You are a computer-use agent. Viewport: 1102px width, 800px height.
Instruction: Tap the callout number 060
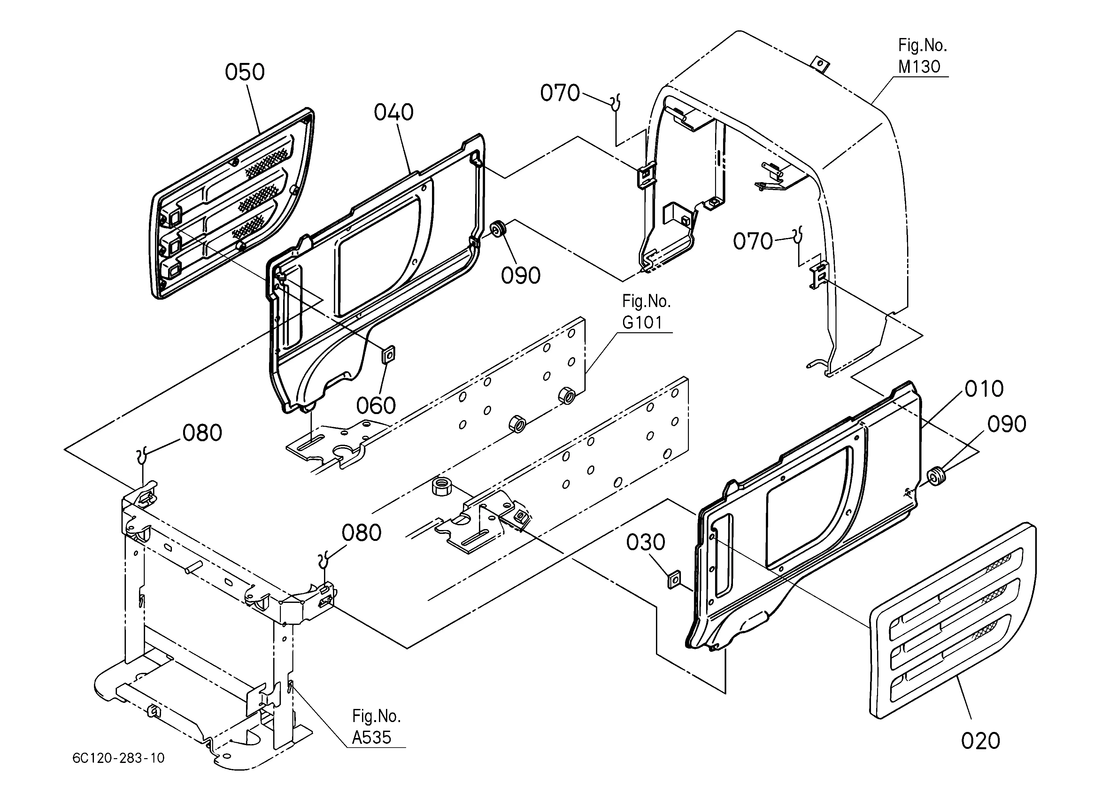point(376,405)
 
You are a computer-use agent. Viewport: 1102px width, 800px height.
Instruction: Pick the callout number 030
point(645,542)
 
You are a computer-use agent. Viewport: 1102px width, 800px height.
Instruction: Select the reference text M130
point(919,66)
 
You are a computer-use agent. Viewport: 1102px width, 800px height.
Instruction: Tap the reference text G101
point(642,323)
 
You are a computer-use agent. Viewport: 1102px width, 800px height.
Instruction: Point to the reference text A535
point(372,737)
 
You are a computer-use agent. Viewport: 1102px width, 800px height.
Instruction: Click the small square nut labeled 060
point(389,355)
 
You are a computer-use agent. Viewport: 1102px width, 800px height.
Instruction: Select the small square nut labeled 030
point(674,580)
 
